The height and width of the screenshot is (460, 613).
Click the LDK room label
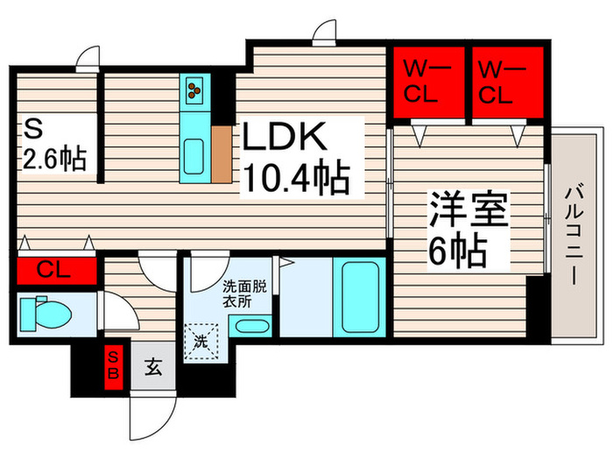[x=285, y=137]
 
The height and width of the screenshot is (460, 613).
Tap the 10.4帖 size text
[x=296, y=177]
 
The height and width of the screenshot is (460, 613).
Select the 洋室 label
[x=469, y=209]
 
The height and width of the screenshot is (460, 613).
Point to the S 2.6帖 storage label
[x=54, y=145]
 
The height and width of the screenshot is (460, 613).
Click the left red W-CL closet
[x=429, y=82]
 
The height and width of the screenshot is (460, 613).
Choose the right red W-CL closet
[x=508, y=82]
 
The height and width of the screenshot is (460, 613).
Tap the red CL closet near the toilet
[x=57, y=270]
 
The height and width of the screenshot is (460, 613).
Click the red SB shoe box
[x=114, y=367]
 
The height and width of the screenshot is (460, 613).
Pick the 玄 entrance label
[x=153, y=367]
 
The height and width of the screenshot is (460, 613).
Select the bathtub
[x=360, y=297]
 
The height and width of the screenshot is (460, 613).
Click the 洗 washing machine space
[x=201, y=341]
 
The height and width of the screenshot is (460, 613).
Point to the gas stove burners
[x=194, y=90]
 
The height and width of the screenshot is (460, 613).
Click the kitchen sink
[x=194, y=156]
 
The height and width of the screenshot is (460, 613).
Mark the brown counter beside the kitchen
[x=222, y=154]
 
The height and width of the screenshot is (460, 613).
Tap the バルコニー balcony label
[x=574, y=235]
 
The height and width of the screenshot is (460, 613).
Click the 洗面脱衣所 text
[x=244, y=294]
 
